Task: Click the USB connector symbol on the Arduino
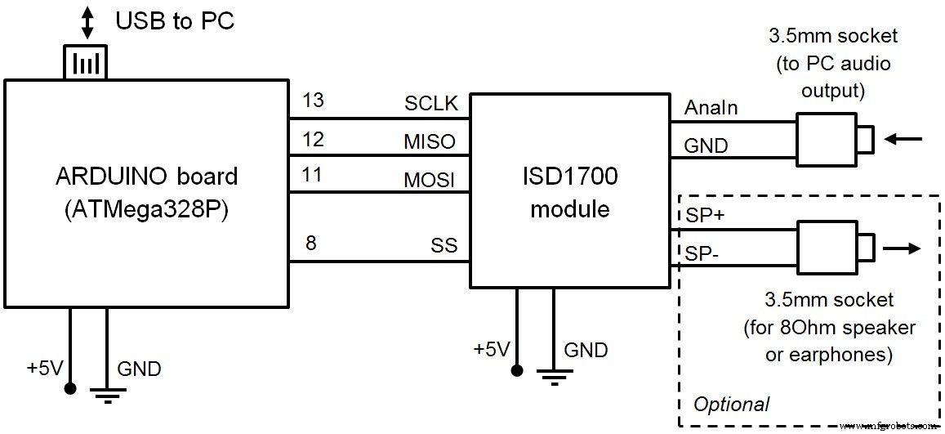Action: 86,62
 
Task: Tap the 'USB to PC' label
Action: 175,20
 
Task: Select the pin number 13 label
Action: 313,101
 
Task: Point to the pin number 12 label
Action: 313,138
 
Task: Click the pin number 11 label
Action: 313,175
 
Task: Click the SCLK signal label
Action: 430,104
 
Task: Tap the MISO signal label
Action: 430,141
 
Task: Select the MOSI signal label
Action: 430,179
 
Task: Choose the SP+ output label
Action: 700,216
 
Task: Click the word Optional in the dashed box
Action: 730,404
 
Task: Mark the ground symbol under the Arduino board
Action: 105,396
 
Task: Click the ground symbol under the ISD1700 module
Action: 553,378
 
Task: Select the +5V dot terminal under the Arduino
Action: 69,387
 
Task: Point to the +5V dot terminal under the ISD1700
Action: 516,370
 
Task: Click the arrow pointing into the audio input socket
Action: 903,140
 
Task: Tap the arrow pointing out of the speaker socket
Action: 903,247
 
